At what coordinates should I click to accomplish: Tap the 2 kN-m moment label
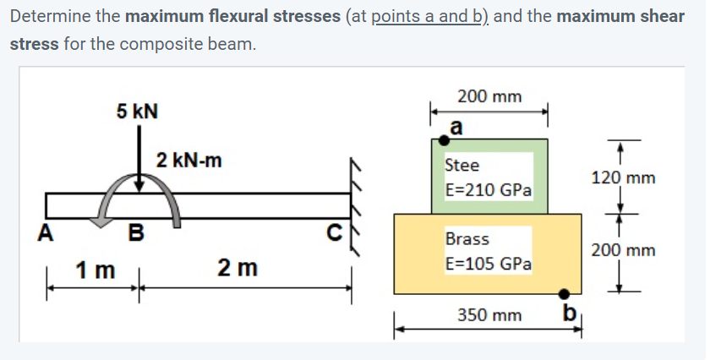[x=189, y=160]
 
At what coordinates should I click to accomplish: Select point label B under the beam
[x=134, y=232]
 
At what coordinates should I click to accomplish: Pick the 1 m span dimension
[x=94, y=270]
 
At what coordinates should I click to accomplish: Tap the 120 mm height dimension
[x=623, y=178]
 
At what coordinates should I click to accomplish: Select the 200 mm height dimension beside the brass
[x=623, y=250]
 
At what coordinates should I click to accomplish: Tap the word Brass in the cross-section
[x=467, y=239]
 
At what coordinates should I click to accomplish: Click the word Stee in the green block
[x=462, y=165]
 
